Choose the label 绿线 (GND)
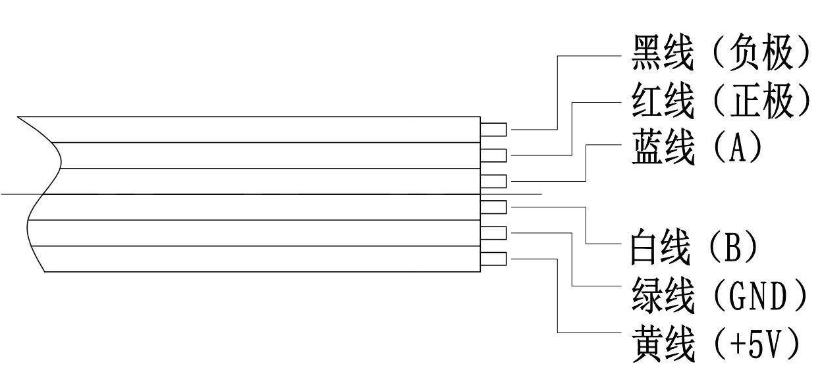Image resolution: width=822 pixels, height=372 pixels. tap(718, 296)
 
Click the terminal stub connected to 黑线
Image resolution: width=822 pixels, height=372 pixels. tap(494, 130)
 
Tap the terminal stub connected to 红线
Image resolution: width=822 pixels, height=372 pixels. tap(494, 155)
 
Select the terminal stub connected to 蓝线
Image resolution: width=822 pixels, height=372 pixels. tap(494, 181)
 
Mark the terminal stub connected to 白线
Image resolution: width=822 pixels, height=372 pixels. tap(494, 207)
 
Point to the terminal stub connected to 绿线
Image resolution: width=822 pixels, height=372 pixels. tap(494, 233)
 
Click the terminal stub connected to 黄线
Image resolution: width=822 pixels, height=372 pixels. tap(494, 259)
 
